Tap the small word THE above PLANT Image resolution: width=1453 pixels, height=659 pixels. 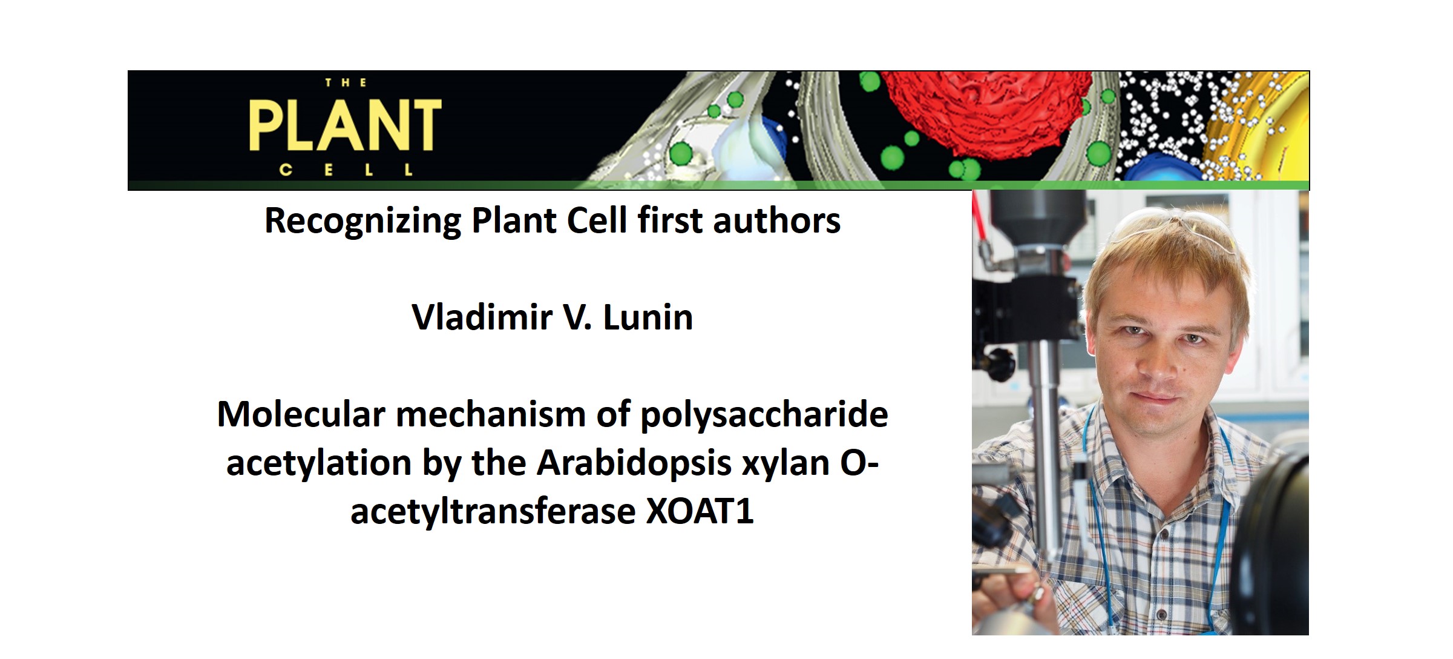click(x=345, y=83)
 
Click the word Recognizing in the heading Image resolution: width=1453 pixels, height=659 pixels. click(x=363, y=220)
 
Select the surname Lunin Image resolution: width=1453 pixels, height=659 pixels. click(x=648, y=317)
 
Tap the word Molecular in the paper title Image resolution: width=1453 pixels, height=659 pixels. click(x=301, y=415)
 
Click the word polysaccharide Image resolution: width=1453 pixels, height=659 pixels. click(x=764, y=415)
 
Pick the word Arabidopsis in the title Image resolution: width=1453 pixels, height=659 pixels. click(x=634, y=463)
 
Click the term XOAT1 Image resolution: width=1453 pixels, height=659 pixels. click(x=700, y=511)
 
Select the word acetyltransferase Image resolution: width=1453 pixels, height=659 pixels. click(x=493, y=511)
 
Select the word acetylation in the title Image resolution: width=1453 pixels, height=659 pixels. click(x=319, y=463)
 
